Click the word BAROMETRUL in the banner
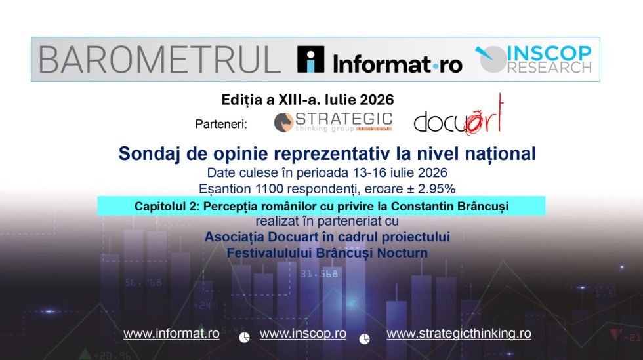(x=159, y=60)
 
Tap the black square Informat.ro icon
(x=310, y=60)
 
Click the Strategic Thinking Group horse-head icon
(x=283, y=122)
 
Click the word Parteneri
(x=221, y=124)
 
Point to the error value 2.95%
(x=438, y=189)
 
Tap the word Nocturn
(x=402, y=253)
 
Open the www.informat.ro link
(x=171, y=334)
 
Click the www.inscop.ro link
(x=303, y=334)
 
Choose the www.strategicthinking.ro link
(x=459, y=334)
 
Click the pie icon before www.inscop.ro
(x=244, y=337)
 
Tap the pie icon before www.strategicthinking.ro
(x=365, y=338)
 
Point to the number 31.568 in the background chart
(x=319, y=274)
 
